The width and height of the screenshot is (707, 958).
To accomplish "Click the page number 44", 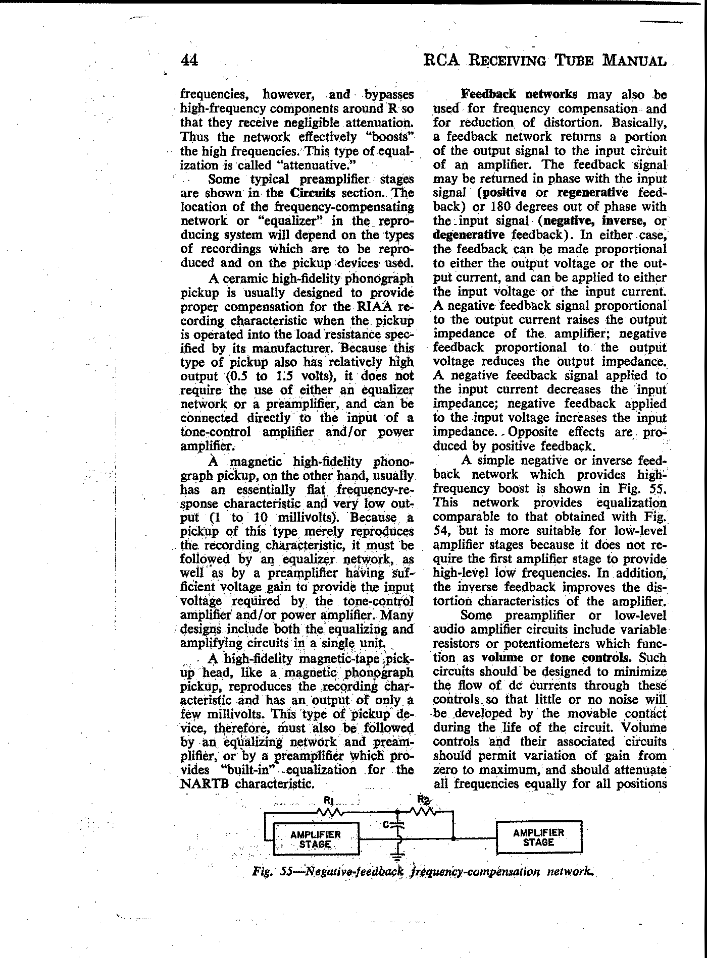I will [x=189, y=60].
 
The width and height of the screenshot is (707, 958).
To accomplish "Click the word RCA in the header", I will [x=441, y=60].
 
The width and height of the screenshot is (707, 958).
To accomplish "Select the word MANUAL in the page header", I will [x=634, y=61].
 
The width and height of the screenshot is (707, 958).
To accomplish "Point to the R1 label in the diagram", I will [x=329, y=800].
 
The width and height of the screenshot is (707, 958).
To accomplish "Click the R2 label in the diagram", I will [x=423, y=799].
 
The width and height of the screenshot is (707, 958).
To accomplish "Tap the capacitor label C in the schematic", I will [x=386, y=825].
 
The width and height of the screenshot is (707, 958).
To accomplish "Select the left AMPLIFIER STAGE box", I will [x=316, y=839].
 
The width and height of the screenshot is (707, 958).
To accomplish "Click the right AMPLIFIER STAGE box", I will [x=539, y=837].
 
